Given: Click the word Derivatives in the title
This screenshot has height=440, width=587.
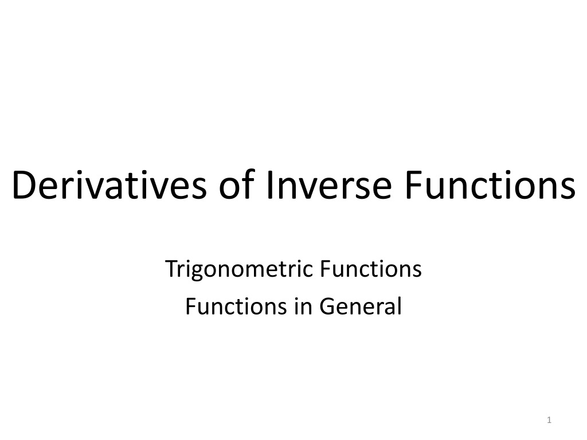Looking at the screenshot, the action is (109, 185).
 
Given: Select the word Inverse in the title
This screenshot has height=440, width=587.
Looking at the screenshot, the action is (329, 185).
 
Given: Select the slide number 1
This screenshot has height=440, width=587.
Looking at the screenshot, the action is (549, 420).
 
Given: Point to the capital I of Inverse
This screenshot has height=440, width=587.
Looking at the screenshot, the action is (269, 185).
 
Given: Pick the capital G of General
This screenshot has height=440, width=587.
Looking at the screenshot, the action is (328, 307).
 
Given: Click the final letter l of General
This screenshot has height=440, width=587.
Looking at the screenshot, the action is (400, 306).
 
